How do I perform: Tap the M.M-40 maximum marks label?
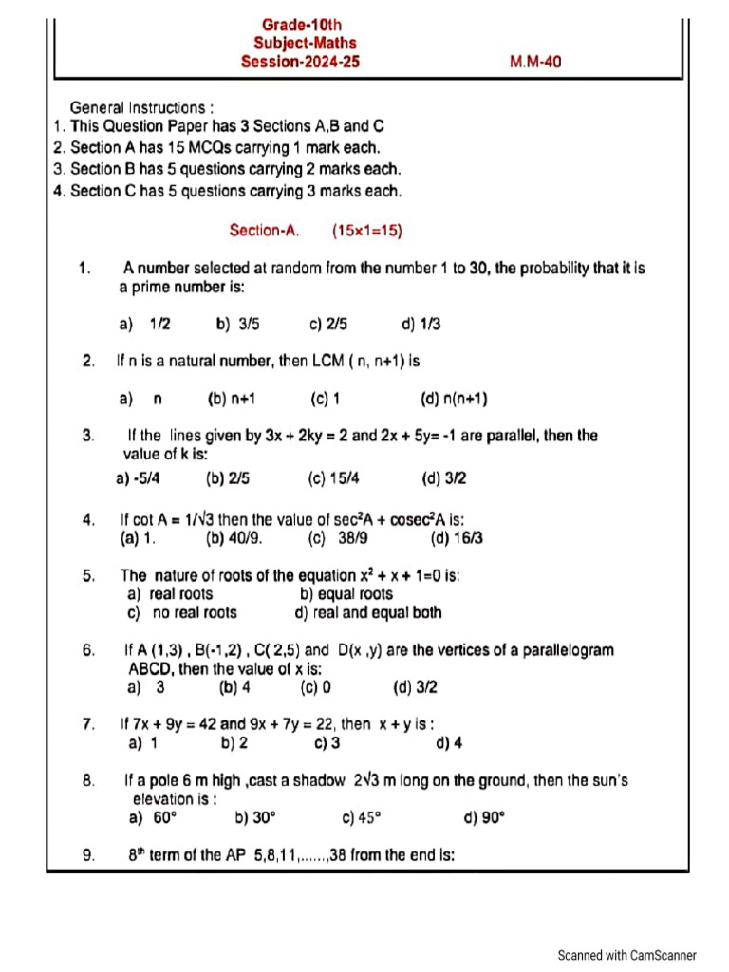(x=535, y=62)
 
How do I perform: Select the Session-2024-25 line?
(x=300, y=62)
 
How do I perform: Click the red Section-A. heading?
(x=265, y=230)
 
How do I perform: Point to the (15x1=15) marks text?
(x=367, y=230)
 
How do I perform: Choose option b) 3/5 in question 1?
(x=237, y=324)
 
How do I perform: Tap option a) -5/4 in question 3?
(x=137, y=479)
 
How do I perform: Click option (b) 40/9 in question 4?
(x=234, y=538)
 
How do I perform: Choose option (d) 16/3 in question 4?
(x=457, y=538)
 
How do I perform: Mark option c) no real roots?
(x=182, y=612)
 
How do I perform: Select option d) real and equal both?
(x=368, y=612)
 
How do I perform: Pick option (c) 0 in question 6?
(x=315, y=687)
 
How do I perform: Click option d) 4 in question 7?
(x=449, y=743)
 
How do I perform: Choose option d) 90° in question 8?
(x=483, y=817)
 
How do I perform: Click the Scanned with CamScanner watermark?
(x=626, y=955)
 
